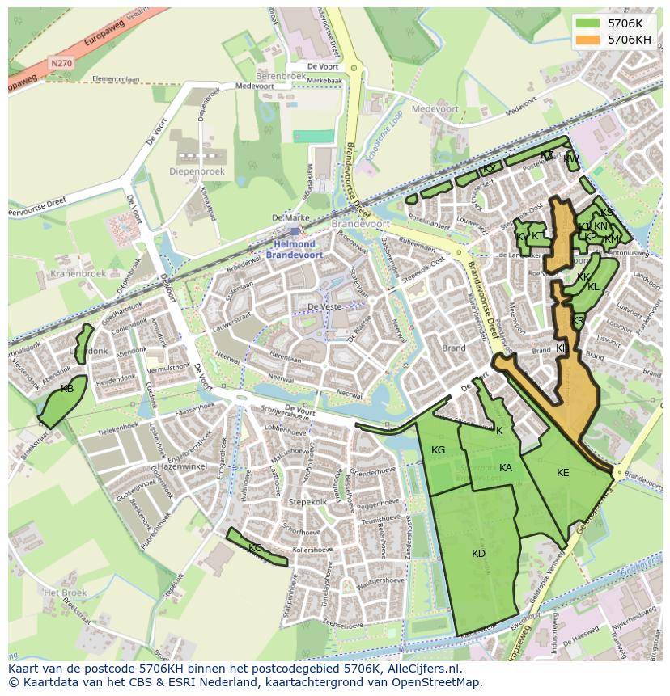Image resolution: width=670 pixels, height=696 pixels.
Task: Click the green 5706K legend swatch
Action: pyautogui.click(x=588, y=23)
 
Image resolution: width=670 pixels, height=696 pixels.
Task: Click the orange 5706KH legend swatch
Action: pyautogui.click(x=588, y=40)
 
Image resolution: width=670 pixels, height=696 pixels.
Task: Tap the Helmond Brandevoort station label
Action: pyautogui.click(x=294, y=249)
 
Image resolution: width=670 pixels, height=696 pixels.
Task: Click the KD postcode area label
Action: pyautogui.click(x=478, y=554)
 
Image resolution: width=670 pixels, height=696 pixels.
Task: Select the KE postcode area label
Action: pyautogui.click(x=563, y=473)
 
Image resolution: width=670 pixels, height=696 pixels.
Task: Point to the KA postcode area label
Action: pyautogui.click(x=506, y=468)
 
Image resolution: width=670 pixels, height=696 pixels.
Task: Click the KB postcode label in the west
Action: pyautogui.click(x=67, y=390)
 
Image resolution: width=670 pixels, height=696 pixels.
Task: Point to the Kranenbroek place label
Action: pyautogui.click(x=78, y=273)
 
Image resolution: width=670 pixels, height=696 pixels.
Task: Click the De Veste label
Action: pyautogui.click(x=323, y=307)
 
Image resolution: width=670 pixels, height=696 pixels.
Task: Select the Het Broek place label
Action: pyautogui.click(x=65, y=593)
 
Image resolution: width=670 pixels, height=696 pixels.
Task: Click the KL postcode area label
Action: pyautogui.click(x=593, y=287)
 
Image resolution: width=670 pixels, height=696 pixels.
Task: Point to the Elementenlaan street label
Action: pyautogui.click(x=116, y=79)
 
